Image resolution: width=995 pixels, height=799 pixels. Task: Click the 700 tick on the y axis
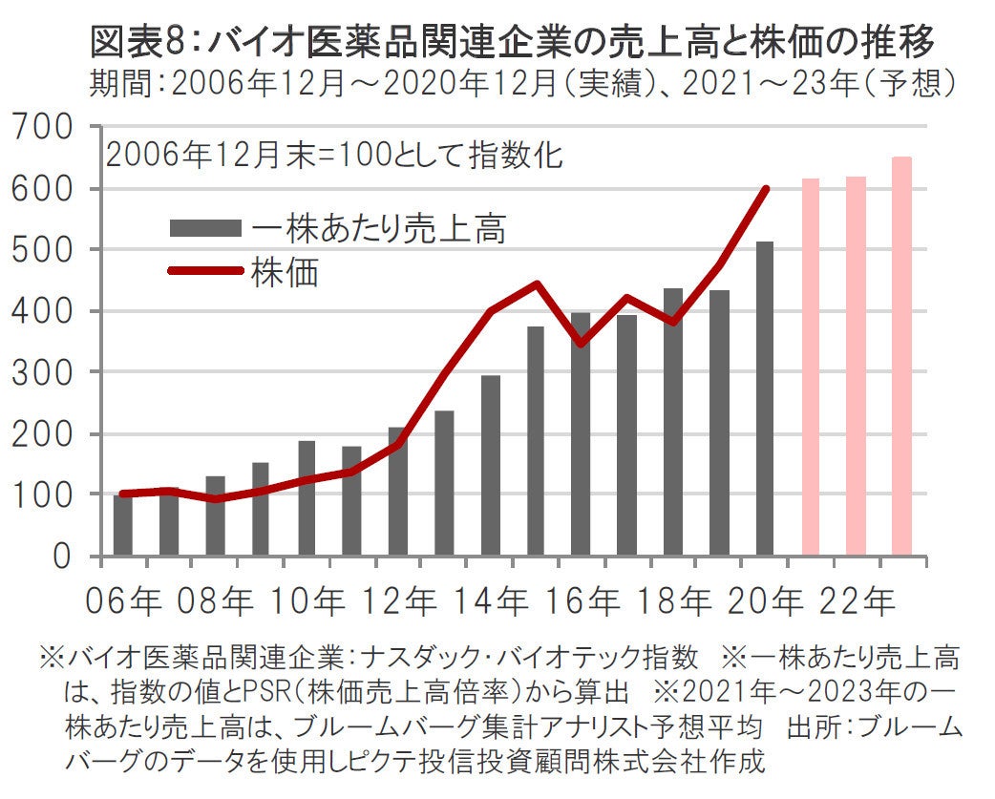tap(42, 127)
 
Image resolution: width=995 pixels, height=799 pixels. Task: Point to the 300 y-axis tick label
tap(42, 371)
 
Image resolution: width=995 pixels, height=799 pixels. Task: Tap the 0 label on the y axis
tap(64, 556)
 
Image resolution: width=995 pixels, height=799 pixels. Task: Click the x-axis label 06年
tap(122, 602)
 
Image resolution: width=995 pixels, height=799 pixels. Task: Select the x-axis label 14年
tap(491, 602)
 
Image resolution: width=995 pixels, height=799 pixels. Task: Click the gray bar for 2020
tap(765, 398)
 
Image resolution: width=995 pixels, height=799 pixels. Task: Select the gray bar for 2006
tap(122, 524)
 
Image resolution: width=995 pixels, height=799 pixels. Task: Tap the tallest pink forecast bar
tap(901, 356)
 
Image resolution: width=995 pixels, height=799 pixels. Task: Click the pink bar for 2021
tap(811, 367)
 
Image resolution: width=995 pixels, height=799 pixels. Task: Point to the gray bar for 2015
tap(536, 440)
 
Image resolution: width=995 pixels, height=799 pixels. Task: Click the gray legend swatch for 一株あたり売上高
tap(204, 228)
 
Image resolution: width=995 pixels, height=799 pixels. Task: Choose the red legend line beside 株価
tap(204, 270)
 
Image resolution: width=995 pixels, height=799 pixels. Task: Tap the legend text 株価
tap(285, 271)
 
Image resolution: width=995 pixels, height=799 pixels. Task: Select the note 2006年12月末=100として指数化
tap(334, 155)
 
